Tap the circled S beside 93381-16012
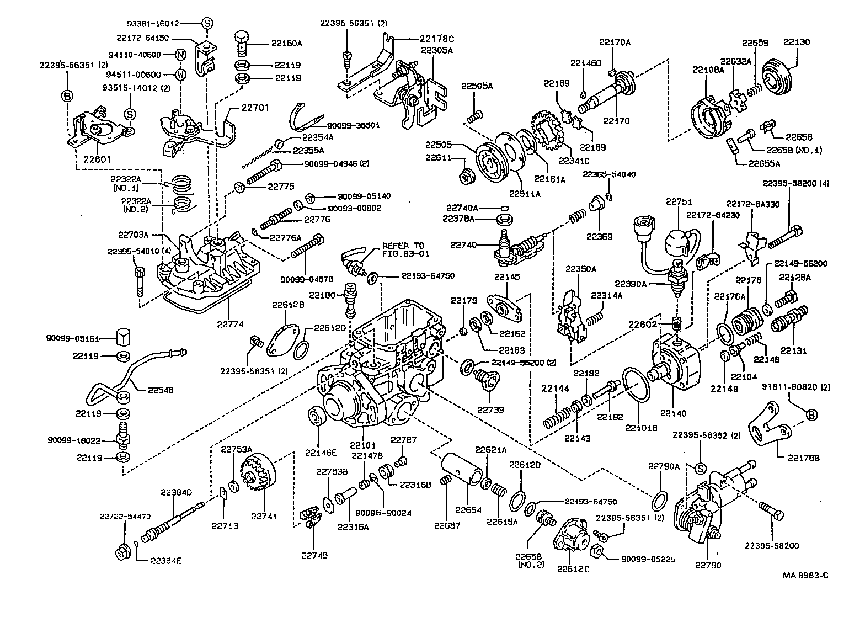(206, 23)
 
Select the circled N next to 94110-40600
(180, 55)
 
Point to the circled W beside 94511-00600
(180, 75)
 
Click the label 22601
(97, 159)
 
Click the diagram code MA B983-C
(805, 576)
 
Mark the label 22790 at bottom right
(708, 565)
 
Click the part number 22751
(678, 202)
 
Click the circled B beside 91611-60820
(812, 414)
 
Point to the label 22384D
(177, 492)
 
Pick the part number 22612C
(573, 569)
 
